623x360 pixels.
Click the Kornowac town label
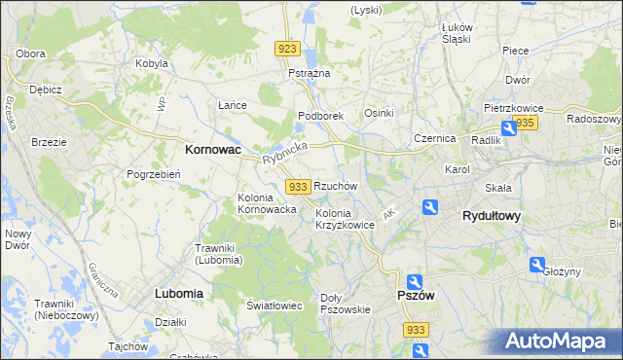click(213, 151)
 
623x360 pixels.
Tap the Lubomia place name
click(178, 293)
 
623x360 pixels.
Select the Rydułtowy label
click(492, 216)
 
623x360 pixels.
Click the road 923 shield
click(286, 49)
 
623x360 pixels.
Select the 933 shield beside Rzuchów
click(299, 186)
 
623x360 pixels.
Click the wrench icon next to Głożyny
click(536, 264)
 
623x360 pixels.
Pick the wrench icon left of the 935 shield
click(508, 127)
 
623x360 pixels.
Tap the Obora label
click(31, 53)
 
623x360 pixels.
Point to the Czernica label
click(434, 138)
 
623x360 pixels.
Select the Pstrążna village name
click(310, 73)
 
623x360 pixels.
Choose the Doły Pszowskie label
click(346, 304)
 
